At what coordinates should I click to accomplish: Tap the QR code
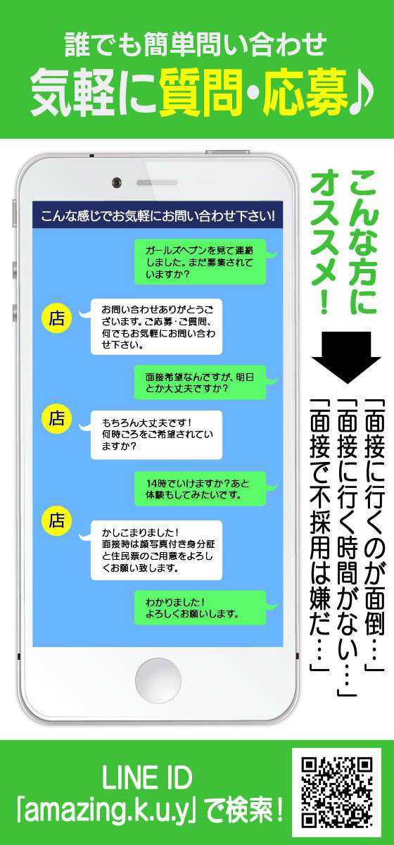337,792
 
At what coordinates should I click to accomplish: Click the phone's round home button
158,680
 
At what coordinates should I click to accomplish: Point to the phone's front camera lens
117,182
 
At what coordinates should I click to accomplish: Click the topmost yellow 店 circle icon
56,318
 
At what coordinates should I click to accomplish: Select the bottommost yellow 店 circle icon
56,521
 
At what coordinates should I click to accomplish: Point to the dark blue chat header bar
158,215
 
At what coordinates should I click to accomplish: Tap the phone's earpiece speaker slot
157,182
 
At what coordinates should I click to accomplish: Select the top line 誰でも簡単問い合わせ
196,44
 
